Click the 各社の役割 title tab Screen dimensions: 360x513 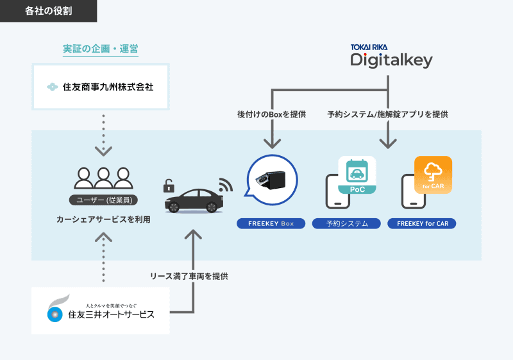(48, 11)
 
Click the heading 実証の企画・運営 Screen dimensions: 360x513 (101, 49)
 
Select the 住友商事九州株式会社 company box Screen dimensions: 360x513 (101, 86)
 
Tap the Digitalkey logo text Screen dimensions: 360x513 (391, 60)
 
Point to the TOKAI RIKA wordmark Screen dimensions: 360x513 (369, 47)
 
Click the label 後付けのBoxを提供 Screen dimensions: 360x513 (271, 115)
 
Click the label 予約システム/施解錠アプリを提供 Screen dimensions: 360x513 (387, 115)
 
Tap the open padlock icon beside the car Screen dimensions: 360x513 (169, 186)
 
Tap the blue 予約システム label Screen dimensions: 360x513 (346, 224)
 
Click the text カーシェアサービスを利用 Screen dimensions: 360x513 (103, 219)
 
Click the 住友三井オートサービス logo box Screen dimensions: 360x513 (101, 311)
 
